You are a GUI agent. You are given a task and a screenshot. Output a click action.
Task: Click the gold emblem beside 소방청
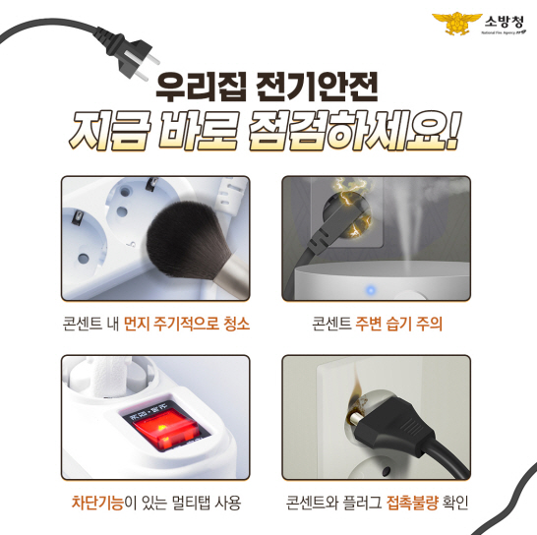click(457, 23)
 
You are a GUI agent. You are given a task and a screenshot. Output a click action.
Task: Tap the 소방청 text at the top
click(504, 22)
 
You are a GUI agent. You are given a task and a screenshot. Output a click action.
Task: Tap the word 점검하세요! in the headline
click(354, 131)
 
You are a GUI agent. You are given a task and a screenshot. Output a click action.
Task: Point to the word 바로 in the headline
click(198, 131)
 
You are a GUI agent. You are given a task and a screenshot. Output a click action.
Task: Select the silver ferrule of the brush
click(232, 277)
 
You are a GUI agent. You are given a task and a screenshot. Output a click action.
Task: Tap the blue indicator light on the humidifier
click(370, 290)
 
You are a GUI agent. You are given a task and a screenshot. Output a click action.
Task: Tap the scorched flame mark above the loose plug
click(356, 395)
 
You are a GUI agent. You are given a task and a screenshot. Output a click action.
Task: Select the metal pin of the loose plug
click(356, 418)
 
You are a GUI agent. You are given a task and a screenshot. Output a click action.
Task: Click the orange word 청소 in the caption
click(237, 324)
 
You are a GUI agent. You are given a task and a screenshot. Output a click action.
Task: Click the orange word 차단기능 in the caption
click(98, 503)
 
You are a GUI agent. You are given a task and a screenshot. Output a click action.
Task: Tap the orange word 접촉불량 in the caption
click(412, 503)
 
